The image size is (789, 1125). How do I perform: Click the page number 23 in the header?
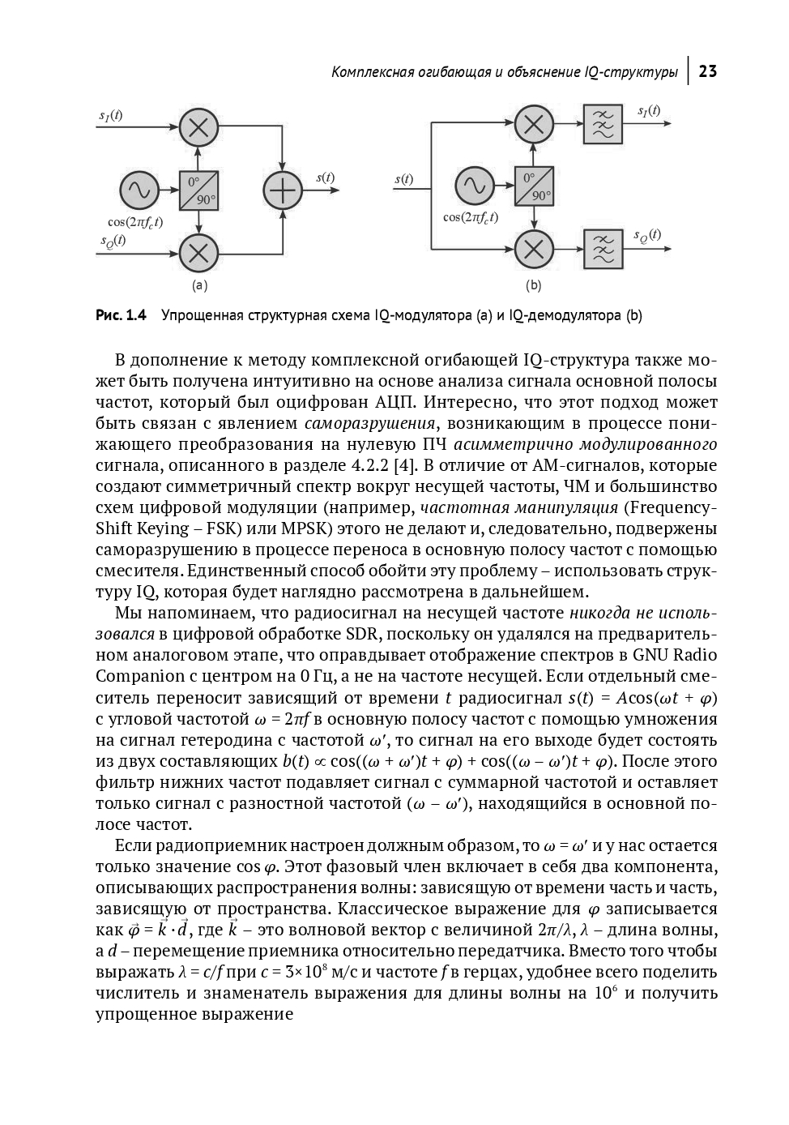[x=707, y=71]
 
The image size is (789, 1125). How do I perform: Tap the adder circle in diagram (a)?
[x=283, y=191]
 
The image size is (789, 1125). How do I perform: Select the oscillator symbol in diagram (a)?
[x=139, y=190]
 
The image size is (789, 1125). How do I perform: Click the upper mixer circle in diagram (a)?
[x=198, y=126]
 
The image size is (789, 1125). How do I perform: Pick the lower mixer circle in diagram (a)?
[x=198, y=253]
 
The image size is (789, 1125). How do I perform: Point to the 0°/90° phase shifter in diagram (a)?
[x=198, y=190]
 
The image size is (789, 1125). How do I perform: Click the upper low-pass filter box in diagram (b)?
[x=603, y=124]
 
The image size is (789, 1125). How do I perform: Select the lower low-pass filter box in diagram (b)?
[x=603, y=249]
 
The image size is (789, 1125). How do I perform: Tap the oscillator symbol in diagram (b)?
[x=474, y=186]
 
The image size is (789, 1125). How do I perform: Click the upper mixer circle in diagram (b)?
[x=534, y=124]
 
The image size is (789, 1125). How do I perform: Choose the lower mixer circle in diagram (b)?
[x=534, y=249]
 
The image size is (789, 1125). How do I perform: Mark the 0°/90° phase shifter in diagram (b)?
[x=534, y=186]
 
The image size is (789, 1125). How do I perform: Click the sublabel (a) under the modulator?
[x=199, y=285]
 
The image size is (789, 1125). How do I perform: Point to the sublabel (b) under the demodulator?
[x=533, y=285]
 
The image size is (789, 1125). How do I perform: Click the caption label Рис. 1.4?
[x=121, y=315]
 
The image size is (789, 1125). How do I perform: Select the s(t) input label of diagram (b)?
[x=403, y=179]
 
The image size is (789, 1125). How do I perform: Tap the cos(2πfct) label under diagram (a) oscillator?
[x=135, y=221]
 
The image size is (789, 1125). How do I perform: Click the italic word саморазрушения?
[x=370, y=423]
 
